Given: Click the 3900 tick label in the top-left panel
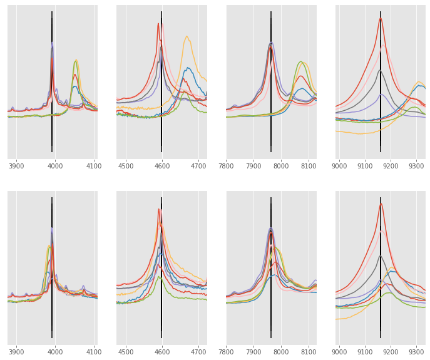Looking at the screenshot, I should tap(16, 166).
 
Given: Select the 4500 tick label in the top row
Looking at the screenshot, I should tap(126, 166).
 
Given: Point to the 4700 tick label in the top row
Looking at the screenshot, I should tap(198, 166).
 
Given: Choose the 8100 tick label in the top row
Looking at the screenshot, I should tap(309, 166).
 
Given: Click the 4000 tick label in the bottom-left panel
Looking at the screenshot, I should tap(55, 352).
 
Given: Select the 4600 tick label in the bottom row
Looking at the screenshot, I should tap(162, 352).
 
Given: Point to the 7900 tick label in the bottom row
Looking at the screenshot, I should tap(254, 352).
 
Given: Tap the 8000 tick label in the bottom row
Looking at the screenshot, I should tap(281, 352).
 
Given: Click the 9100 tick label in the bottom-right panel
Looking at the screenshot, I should tap(365, 352).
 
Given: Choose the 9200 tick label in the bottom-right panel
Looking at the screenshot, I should tap(391, 352).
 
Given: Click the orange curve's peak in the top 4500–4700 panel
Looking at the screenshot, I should tap(187, 36).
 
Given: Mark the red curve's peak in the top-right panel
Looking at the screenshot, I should tap(380, 18).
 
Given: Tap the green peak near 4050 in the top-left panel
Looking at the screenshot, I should tap(76, 61).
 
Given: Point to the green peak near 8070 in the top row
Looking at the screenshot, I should tap(301, 61).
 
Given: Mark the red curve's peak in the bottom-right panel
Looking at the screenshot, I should tap(381, 203).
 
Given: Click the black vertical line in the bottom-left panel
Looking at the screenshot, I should tap(52, 269).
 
